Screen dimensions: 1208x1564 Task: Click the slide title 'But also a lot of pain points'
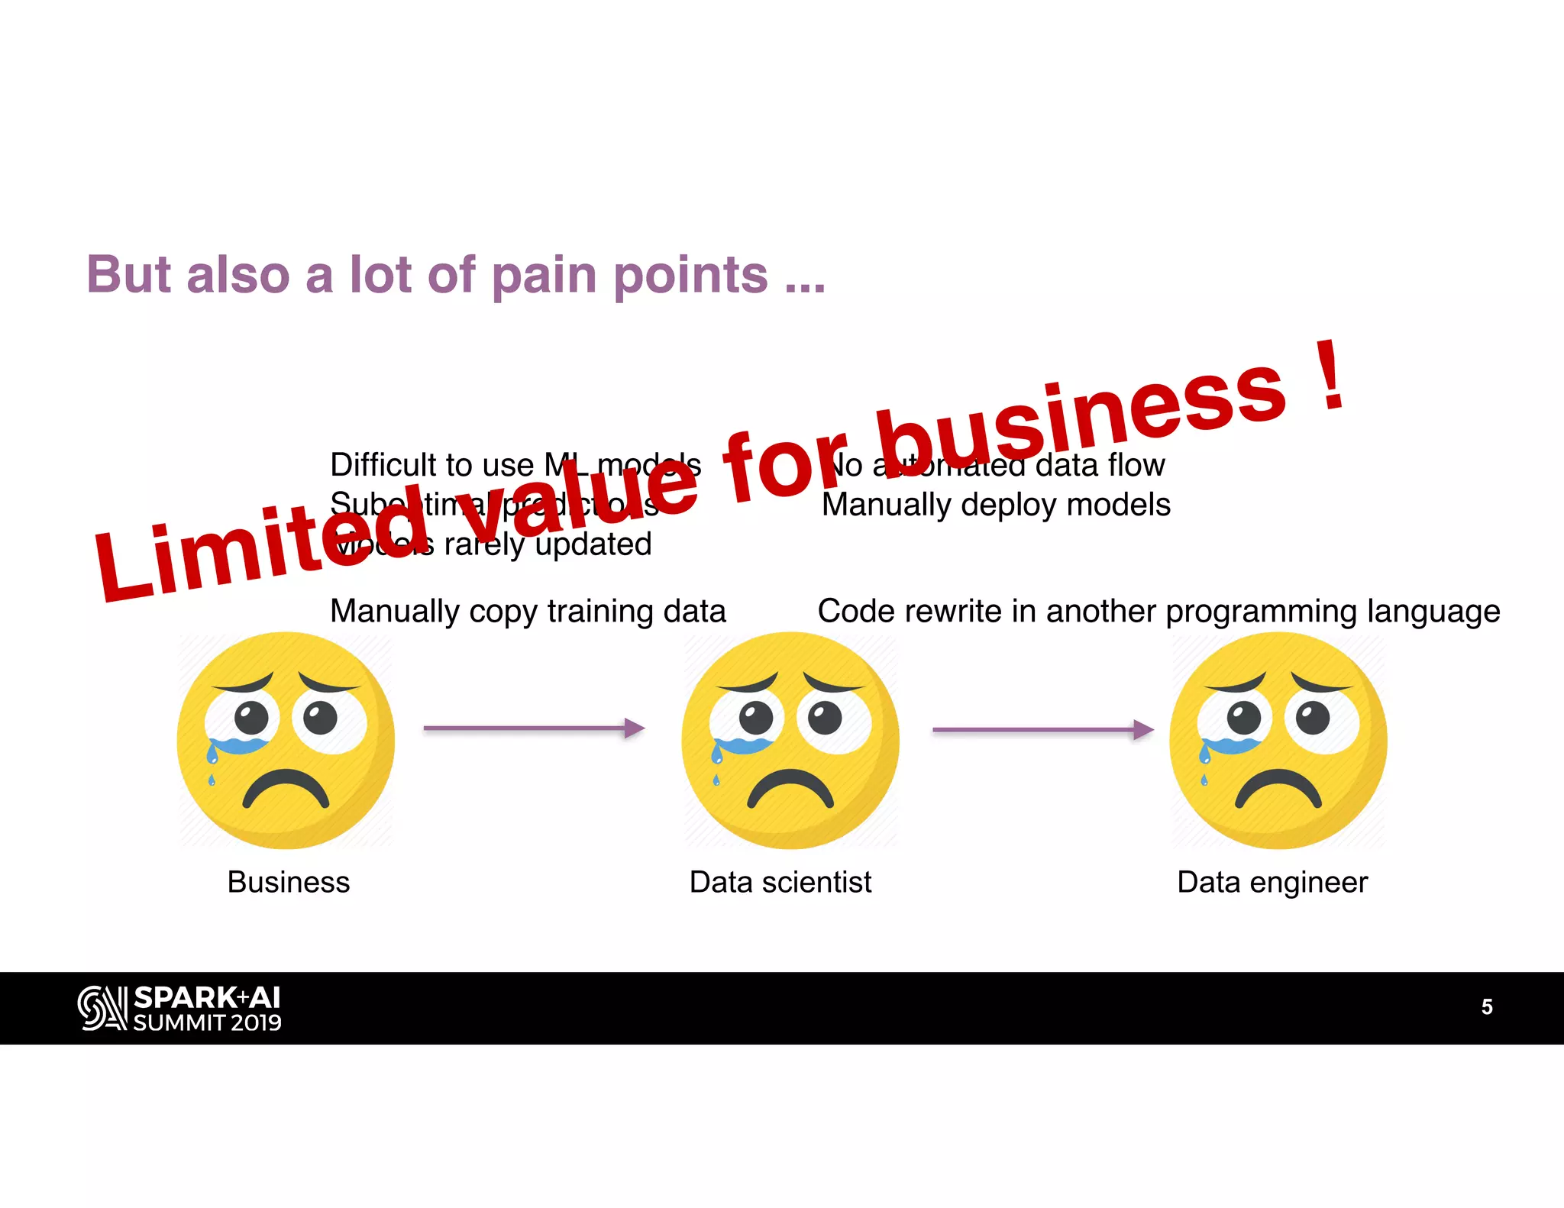point(455,275)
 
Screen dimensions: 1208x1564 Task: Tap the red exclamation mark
point(1331,376)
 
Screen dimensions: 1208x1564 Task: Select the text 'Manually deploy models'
point(996,505)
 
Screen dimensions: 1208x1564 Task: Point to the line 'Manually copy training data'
point(528,612)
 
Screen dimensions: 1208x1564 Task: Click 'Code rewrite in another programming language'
point(1158,612)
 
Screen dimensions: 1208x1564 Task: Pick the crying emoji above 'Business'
point(286,740)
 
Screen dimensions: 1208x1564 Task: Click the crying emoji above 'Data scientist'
point(790,740)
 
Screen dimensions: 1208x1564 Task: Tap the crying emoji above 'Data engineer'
point(1278,740)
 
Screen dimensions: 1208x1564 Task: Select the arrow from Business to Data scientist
point(534,728)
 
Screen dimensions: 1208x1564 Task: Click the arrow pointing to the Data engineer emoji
point(1042,730)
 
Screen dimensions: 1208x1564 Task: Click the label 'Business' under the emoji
point(289,883)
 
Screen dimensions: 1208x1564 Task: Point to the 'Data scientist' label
point(780,883)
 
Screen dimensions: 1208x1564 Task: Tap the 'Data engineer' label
point(1272,883)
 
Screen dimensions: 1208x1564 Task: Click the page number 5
point(1486,1007)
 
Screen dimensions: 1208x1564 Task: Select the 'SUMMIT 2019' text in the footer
point(207,1023)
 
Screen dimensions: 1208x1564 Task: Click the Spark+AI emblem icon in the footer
point(102,1008)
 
